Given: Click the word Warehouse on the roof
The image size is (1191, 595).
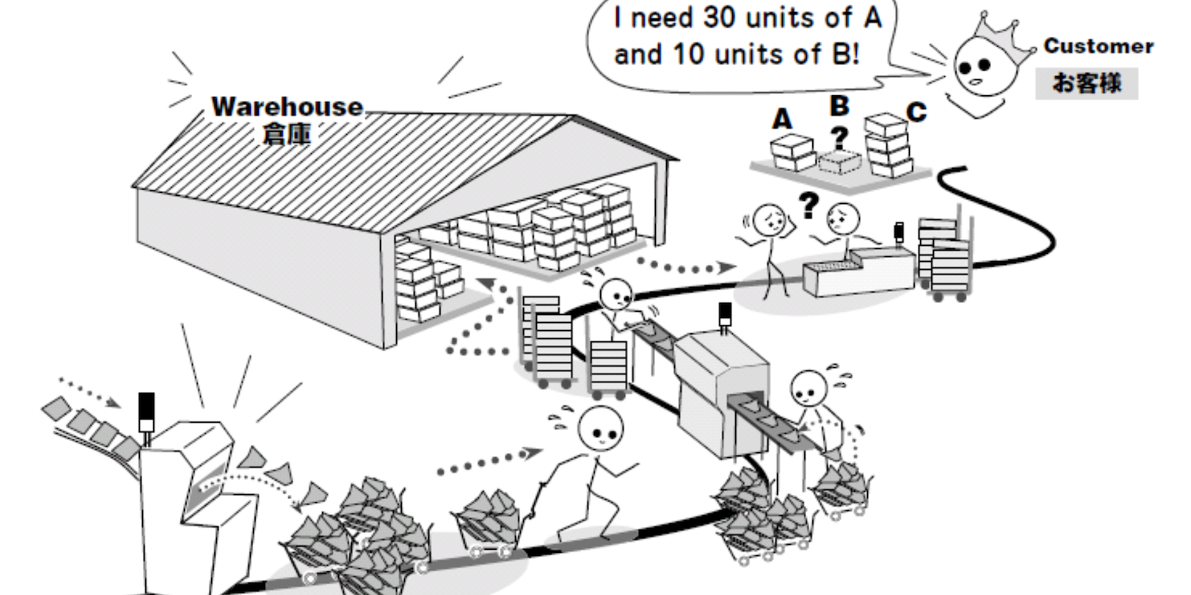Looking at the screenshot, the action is pyautogui.click(x=287, y=107).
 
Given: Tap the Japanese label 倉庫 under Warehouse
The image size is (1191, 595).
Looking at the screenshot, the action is pyautogui.click(x=287, y=133).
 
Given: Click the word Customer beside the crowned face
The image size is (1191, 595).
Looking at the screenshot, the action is pyautogui.click(x=1098, y=46).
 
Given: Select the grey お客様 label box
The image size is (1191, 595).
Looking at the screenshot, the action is pyautogui.click(x=1087, y=83).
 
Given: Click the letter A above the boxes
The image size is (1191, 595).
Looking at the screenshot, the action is pyautogui.click(x=782, y=119).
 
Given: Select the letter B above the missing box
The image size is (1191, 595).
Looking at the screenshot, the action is pyautogui.click(x=839, y=106).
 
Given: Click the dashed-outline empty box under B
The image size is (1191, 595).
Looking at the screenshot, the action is pyautogui.click(x=839, y=162).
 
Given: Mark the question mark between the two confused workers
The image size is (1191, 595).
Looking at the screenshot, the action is pyautogui.click(x=809, y=205).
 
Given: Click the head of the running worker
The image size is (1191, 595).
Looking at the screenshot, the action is pyautogui.click(x=600, y=429).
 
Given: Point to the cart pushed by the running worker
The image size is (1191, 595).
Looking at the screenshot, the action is pyautogui.click(x=491, y=524).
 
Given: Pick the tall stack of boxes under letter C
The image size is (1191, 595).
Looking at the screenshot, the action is pyautogui.click(x=888, y=145).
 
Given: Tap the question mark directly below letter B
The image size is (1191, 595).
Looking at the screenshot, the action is pyautogui.click(x=839, y=138).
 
